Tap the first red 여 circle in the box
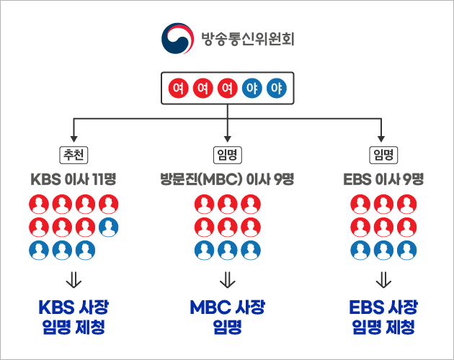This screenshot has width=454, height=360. point(177,89)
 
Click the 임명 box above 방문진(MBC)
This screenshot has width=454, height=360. point(227,155)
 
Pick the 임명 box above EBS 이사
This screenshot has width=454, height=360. point(383,155)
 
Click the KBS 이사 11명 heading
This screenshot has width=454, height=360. point(74,179)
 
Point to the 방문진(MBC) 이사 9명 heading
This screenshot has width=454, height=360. point(227,179)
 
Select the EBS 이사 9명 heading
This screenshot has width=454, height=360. point(383,179)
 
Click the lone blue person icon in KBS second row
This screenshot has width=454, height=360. point(109,227)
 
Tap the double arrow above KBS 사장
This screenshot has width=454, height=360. point(74,279)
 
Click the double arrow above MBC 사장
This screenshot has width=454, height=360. point(227,279)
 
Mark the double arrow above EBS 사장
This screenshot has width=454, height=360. point(383,279)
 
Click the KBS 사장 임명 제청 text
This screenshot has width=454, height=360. point(74,318)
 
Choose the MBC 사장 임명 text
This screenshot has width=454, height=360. point(227,318)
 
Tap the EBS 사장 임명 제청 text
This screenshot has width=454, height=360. point(383,318)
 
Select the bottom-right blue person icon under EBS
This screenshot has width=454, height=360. point(406,250)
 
